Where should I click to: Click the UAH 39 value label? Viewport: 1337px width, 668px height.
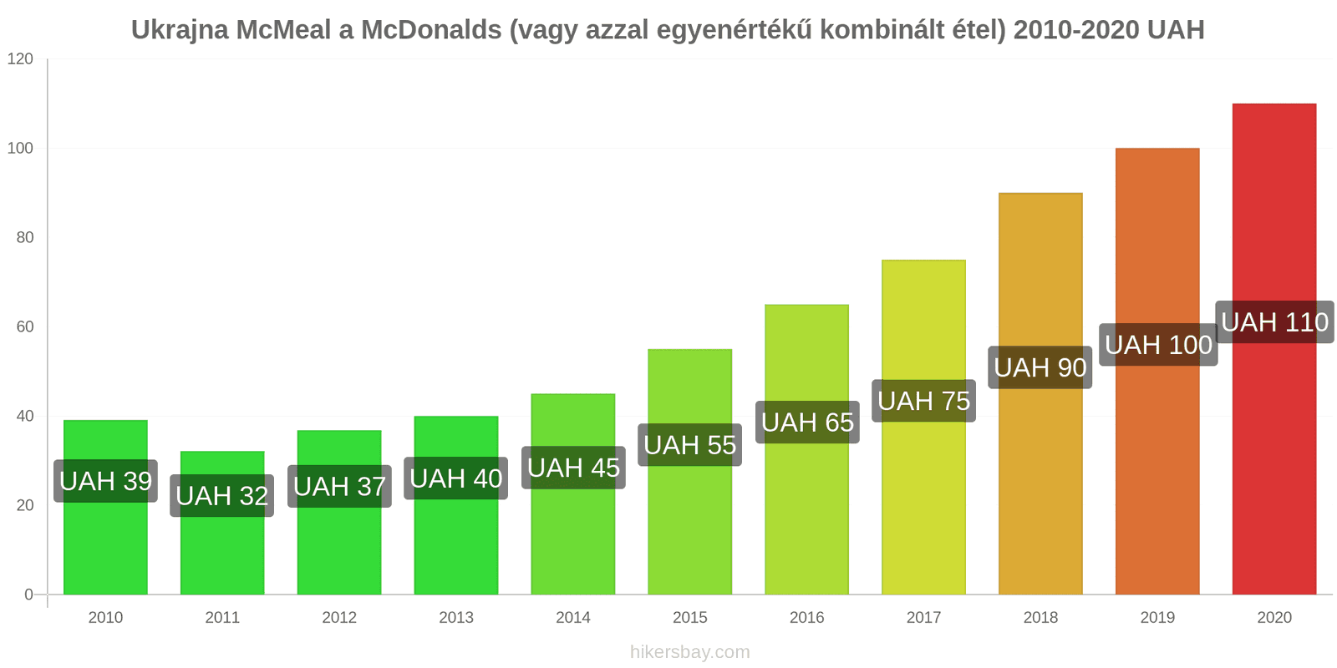pos(105,481)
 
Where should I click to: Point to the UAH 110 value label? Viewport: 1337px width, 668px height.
pos(1274,322)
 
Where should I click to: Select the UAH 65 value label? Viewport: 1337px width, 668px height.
pos(807,423)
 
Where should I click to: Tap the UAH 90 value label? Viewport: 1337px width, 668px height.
pos(1040,367)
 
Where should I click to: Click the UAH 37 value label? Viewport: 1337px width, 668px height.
pos(339,486)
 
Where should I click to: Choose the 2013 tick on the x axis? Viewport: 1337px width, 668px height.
pos(456,618)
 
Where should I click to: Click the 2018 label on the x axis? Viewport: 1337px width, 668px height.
pos(1040,618)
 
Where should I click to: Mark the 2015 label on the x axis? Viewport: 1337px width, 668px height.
pos(690,618)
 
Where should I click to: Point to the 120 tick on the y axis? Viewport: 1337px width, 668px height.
pos(20,58)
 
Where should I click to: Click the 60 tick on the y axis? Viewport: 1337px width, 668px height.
pos(24,326)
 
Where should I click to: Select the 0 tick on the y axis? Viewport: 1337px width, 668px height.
pos(28,595)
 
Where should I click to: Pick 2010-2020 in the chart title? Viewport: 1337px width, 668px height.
pos(1076,30)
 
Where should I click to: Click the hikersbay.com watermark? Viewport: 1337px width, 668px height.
pos(690,652)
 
